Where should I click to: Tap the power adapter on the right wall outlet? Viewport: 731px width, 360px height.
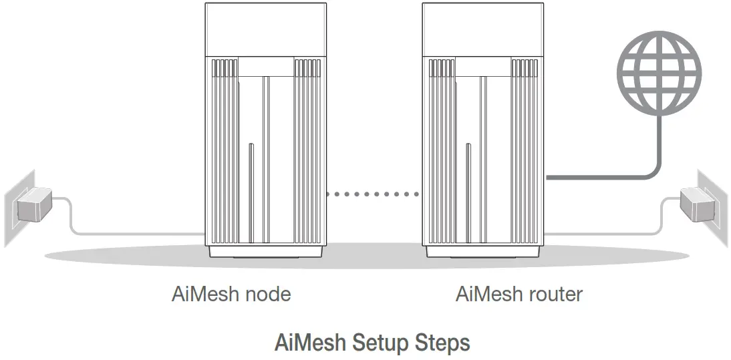(696, 205)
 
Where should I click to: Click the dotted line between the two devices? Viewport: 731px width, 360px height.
(372, 194)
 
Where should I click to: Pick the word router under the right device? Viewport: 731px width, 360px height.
(555, 294)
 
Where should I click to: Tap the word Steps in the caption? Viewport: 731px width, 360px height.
(442, 343)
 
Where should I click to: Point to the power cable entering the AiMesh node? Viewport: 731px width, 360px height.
(134, 233)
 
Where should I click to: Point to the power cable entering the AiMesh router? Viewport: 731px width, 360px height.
(601, 233)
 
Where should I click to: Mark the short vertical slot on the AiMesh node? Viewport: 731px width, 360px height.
(250, 190)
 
